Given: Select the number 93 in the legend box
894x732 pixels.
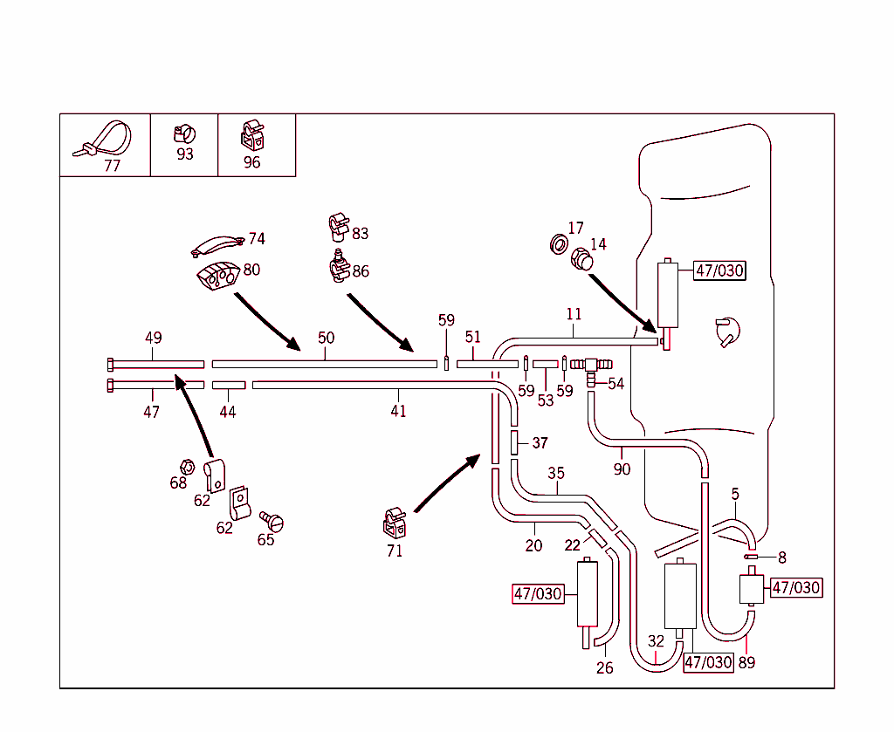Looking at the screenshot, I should [185, 154].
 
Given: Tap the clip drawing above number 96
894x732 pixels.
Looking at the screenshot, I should [251, 134].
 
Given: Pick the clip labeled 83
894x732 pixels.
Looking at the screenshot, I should [337, 226].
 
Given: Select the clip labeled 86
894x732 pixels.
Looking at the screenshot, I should [338, 266].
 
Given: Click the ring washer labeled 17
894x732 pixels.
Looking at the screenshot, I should [556, 243].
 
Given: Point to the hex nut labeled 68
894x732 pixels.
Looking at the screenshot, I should [186, 466].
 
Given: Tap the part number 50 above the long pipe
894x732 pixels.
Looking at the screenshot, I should [326, 338].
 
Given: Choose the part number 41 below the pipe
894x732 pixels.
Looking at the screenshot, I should [398, 411].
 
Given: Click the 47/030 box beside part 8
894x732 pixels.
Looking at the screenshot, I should [795, 588].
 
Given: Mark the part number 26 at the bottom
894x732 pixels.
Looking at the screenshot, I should [604, 668].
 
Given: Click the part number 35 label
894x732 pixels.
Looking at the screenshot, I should [556, 474].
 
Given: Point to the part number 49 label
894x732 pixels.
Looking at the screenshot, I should [154, 338].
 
